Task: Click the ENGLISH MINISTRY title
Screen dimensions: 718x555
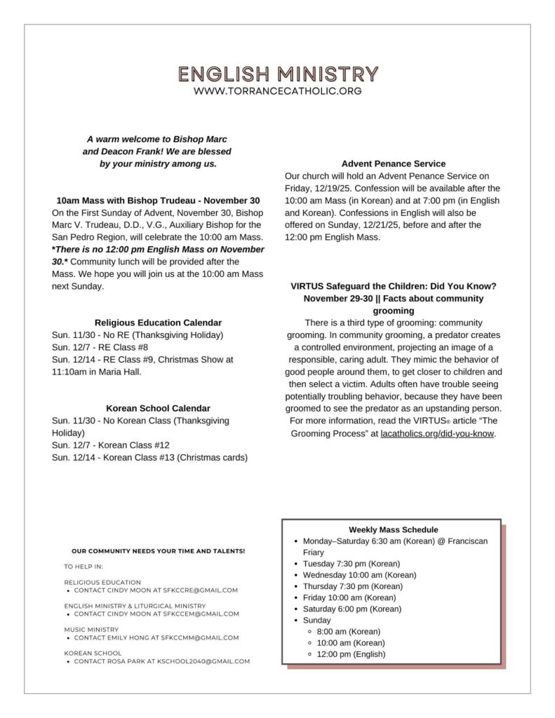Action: [x=278, y=74]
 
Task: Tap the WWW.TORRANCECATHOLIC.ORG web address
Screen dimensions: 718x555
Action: [x=278, y=91]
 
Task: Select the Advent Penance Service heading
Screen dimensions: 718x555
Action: [x=393, y=164]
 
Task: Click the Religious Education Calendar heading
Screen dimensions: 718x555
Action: [x=158, y=323]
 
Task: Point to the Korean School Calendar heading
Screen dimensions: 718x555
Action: [x=158, y=408]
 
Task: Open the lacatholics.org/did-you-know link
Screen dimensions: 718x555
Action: [x=437, y=433]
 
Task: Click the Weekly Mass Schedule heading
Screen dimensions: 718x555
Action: [x=393, y=530]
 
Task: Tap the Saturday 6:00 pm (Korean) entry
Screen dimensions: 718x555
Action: [x=352, y=609]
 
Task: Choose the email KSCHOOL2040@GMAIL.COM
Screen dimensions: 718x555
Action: [x=208, y=661]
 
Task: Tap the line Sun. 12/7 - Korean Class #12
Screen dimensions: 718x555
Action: [x=111, y=445]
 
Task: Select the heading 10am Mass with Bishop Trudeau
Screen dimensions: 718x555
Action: [x=158, y=201]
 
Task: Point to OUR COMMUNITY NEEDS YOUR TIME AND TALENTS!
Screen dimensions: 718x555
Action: [x=158, y=551]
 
